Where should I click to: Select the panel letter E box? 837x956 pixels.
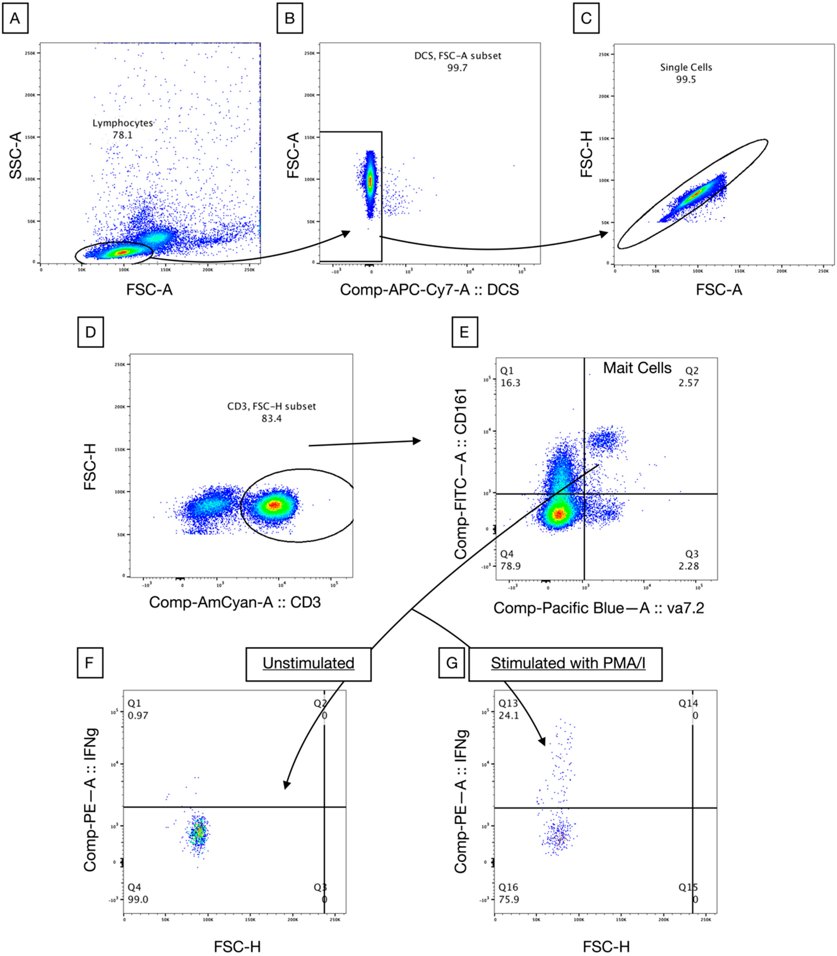coord(464,332)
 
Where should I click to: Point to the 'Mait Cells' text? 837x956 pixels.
coord(637,368)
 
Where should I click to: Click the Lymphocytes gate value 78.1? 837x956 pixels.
coord(122,136)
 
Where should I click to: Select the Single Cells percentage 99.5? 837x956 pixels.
coord(686,79)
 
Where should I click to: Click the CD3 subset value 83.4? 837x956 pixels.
coord(271,418)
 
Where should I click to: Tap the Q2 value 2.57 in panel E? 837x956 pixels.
coord(688,383)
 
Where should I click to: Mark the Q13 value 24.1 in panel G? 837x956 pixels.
coord(509,716)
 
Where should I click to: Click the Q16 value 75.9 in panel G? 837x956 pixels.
coord(509,899)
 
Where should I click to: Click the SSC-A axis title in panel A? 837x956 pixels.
coord(16,155)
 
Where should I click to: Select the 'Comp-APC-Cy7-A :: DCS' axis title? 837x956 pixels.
coord(429,290)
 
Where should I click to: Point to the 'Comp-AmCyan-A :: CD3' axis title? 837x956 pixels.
coord(235,602)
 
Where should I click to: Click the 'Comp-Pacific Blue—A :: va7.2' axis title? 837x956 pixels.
coord(599,608)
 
